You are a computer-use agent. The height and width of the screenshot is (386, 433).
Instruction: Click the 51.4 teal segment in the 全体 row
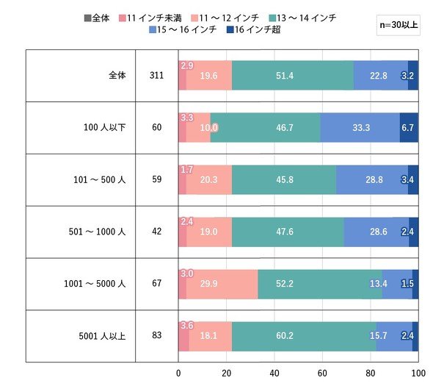[293, 75]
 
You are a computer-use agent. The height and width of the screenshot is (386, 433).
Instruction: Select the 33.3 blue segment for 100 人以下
[360, 127]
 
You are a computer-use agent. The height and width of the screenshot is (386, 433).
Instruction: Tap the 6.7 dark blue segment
[409, 127]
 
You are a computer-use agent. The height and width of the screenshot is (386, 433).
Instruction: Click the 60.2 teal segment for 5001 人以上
[304, 336]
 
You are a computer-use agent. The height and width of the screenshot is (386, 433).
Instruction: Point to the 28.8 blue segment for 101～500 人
[372, 179]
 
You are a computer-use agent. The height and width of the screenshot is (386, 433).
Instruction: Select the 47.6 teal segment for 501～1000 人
[288, 232]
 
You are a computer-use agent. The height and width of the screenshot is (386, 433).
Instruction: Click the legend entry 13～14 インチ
[302, 18]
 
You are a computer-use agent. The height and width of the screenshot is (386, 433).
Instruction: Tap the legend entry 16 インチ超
[253, 29]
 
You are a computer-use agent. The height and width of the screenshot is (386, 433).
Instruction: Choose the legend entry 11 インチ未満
[150, 18]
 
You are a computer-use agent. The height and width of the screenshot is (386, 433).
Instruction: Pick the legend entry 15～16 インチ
[183, 29]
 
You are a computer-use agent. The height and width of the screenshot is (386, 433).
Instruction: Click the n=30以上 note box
[399, 25]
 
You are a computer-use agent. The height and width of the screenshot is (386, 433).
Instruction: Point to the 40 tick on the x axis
[274, 374]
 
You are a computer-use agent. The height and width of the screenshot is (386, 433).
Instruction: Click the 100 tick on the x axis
[418, 374]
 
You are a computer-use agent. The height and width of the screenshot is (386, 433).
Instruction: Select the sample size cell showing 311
[156, 75]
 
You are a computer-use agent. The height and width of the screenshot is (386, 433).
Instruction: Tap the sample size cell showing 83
[156, 335]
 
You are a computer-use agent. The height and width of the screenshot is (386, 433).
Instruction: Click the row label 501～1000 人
[97, 232]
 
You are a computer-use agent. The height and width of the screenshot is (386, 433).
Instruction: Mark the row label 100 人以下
[105, 127]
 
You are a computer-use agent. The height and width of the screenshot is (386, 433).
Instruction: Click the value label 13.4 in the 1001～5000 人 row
[378, 284]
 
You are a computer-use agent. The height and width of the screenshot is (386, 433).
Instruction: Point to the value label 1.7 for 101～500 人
[187, 169]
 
